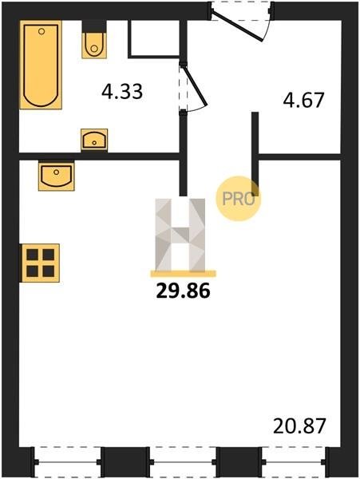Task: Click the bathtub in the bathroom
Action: tap(41, 65)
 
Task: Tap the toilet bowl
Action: tap(94, 46)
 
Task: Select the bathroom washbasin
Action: tap(94, 140)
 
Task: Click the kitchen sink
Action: tap(57, 176)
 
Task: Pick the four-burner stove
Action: tap(40, 263)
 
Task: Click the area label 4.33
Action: tap(122, 92)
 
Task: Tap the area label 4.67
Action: tap(303, 101)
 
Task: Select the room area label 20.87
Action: tap(299, 426)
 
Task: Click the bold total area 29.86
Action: tap(184, 291)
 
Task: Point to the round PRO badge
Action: tap(239, 199)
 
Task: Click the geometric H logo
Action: tap(180, 235)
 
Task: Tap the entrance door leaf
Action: tap(236, 26)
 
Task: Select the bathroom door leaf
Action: tap(194, 84)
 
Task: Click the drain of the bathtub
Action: tap(42, 31)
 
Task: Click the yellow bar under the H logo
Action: tap(184, 274)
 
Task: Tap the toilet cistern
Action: tap(94, 26)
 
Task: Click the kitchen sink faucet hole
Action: tap(56, 172)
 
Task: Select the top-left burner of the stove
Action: tap(33, 255)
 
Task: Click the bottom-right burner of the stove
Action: tap(48, 271)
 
